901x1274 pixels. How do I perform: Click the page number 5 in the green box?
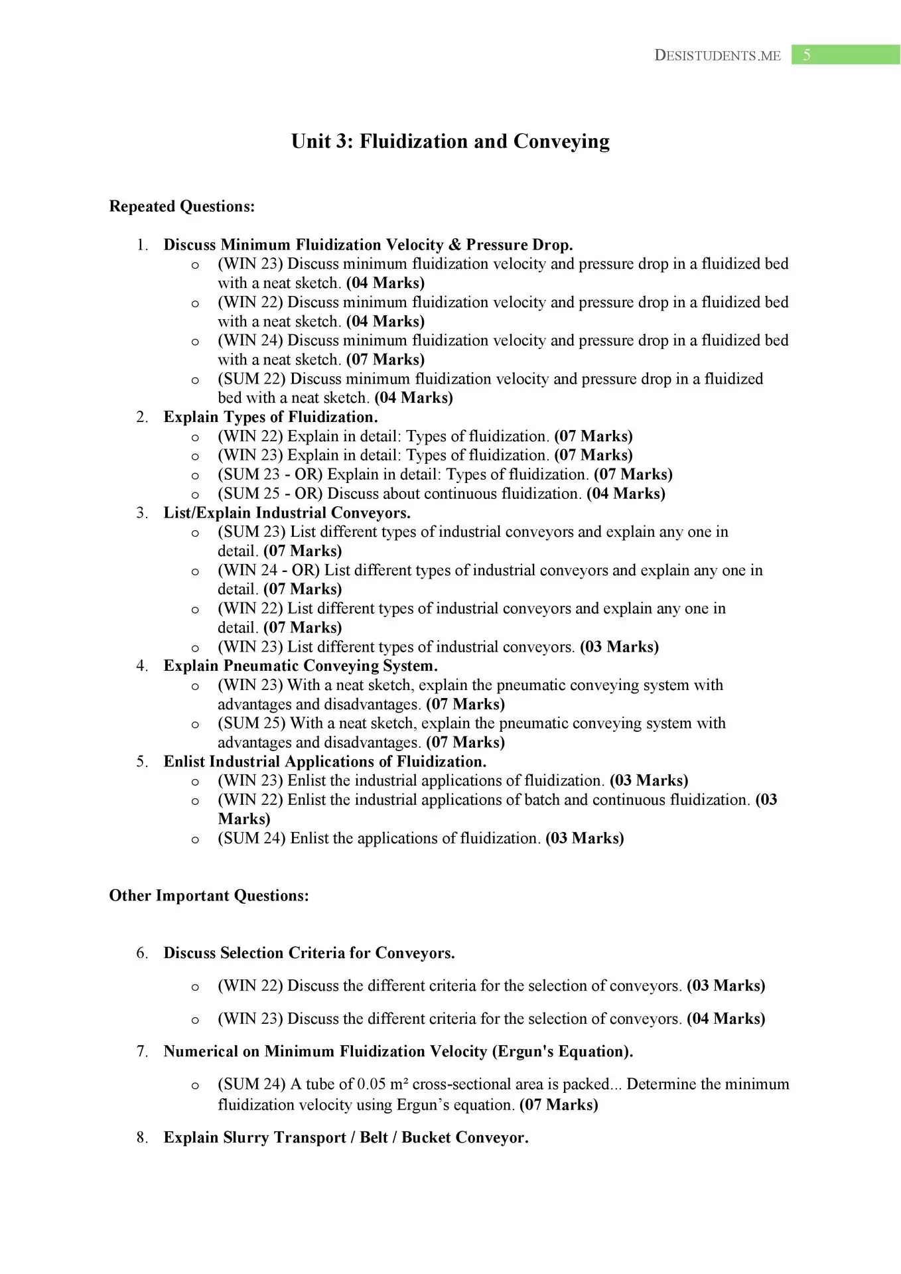click(x=806, y=55)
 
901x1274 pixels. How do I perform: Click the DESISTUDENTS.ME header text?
click(x=717, y=56)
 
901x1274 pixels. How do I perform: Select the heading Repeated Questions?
click(x=182, y=206)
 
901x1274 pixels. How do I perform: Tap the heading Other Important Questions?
click(x=209, y=896)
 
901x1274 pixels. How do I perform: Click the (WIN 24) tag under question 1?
click(x=250, y=340)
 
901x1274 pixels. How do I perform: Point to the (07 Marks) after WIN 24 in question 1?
click(x=385, y=360)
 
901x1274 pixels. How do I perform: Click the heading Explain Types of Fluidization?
click(x=271, y=417)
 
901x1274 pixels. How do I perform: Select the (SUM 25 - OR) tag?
click(x=270, y=494)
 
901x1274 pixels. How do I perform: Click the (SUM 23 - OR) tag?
click(x=270, y=474)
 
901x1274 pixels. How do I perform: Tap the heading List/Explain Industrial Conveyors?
click(x=287, y=513)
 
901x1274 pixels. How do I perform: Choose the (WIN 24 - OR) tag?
click(x=269, y=571)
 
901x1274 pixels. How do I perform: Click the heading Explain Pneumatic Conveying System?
click(x=301, y=666)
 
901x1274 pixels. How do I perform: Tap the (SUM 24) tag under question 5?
click(x=251, y=839)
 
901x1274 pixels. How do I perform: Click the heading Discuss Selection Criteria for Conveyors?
click(x=309, y=954)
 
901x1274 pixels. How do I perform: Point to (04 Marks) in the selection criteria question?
click(x=726, y=1019)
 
